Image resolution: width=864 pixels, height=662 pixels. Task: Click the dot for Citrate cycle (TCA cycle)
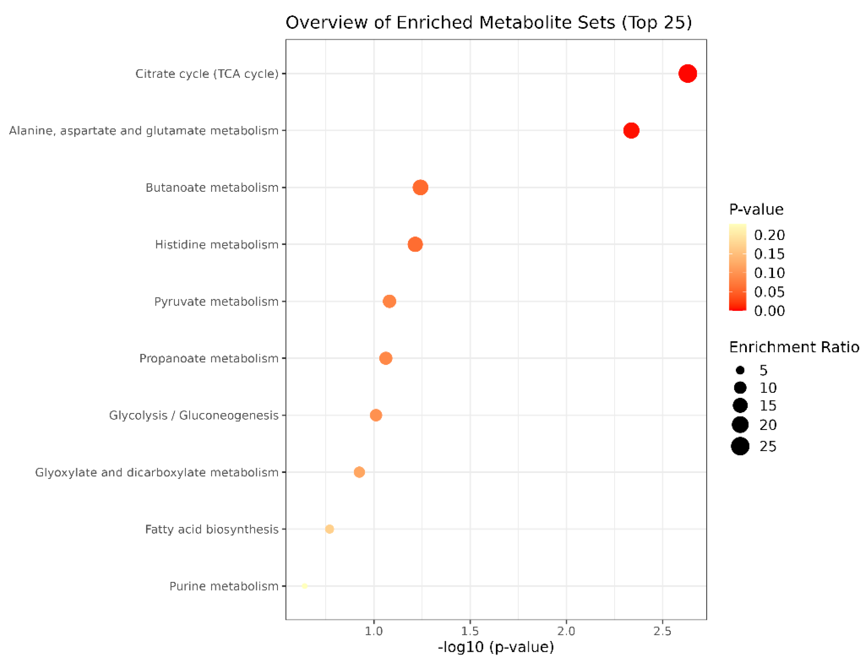pos(687,74)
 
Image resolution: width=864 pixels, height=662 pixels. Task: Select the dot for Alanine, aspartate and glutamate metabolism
pos(631,131)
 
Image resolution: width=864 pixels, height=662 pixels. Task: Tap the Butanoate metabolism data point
pos(420,187)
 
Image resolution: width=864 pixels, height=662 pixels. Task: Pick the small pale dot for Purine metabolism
pos(304,586)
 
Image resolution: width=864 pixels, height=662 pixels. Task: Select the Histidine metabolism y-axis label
pos(216,245)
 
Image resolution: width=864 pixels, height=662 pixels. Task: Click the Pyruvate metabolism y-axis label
pos(216,301)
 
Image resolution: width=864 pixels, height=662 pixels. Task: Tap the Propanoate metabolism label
pos(209,359)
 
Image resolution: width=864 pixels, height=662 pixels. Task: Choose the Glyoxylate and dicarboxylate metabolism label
pos(157,472)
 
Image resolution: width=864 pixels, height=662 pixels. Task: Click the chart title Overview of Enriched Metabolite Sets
pos(488,23)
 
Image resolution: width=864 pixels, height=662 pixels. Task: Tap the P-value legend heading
pos(756,209)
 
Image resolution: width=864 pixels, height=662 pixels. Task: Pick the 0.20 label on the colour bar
pos(769,235)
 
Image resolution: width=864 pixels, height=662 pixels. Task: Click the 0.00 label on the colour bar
pos(769,311)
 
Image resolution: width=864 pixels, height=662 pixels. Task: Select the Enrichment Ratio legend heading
pos(794,347)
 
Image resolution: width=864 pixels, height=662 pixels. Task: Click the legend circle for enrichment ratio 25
pos(740,446)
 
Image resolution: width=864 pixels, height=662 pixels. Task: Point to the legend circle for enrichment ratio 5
pos(740,370)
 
